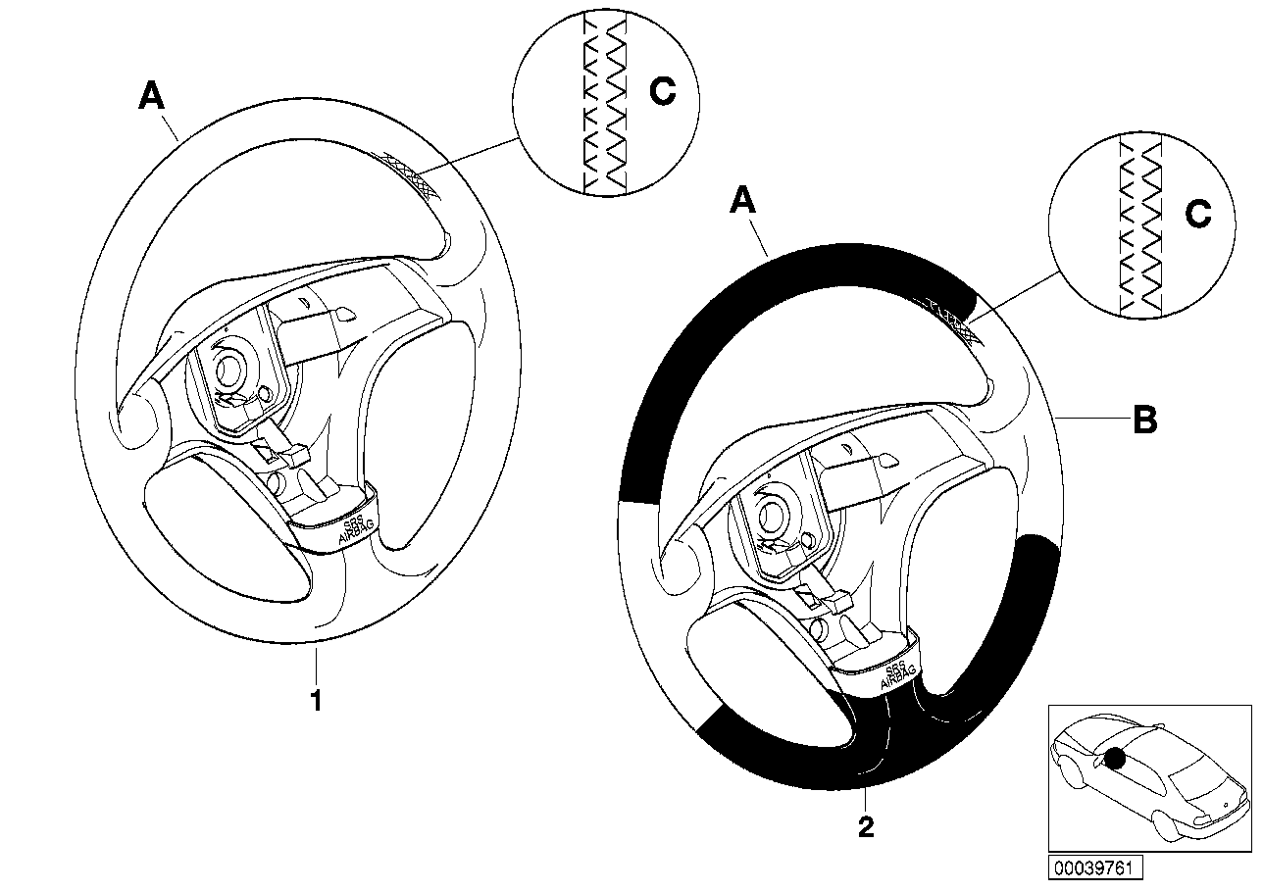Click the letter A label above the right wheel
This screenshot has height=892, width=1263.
[x=743, y=202]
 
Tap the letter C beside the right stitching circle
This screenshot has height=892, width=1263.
[x=1198, y=215]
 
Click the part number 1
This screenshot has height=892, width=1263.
[x=316, y=702]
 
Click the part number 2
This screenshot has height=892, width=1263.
[x=865, y=828]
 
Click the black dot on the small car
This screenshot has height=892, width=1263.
[x=1115, y=758]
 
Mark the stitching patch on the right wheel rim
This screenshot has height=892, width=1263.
[x=949, y=318]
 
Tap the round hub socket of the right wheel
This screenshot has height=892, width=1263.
[x=778, y=517]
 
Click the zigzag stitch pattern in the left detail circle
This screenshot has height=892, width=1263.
[x=604, y=103]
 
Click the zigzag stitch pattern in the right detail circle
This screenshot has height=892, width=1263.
[x=1140, y=225]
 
